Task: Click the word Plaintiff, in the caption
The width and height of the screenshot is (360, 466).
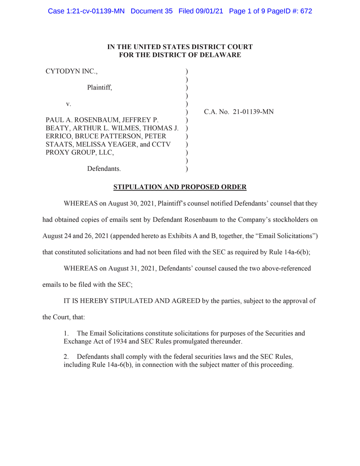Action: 100,87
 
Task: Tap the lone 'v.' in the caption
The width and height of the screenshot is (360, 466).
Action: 68,104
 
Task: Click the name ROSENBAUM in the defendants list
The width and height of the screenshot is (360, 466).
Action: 96,120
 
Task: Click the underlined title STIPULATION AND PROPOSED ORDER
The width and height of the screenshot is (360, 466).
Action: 180,187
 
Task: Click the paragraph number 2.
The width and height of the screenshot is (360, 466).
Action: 66,356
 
